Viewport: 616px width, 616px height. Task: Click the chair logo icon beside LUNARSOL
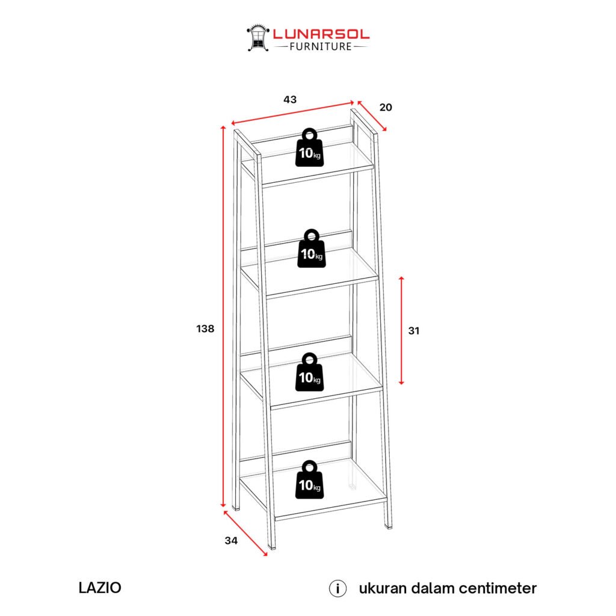pos(257,37)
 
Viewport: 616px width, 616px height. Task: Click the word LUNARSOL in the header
pos(321,34)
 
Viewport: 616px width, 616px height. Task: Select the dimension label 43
pos(290,100)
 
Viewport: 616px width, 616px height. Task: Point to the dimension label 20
pos(386,108)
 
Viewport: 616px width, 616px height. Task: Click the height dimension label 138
pos(205,328)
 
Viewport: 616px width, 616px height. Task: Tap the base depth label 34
pos(231,540)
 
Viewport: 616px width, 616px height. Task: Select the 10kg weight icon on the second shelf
pos(310,249)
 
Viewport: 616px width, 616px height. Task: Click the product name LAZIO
pos(100,588)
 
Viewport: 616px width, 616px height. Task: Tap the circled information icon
pos(337,588)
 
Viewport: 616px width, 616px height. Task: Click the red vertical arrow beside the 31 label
pos(402,330)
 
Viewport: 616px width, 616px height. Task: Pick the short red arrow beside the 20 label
pos(372,116)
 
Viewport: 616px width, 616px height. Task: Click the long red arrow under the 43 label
pos(292,114)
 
